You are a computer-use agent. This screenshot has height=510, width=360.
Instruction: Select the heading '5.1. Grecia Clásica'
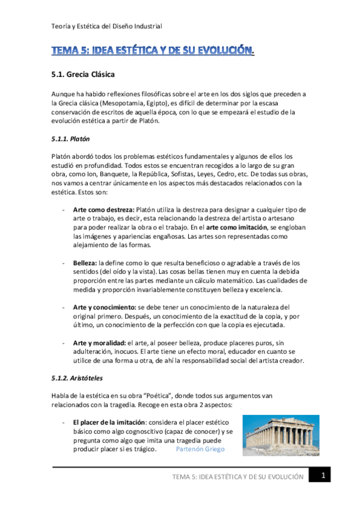[x=79, y=76]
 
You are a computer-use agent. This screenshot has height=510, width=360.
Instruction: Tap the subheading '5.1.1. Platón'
[x=70, y=139]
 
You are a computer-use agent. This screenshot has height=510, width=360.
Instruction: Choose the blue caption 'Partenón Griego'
[x=200, y=449]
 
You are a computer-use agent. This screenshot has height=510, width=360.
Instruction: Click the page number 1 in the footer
[x=323, y=476]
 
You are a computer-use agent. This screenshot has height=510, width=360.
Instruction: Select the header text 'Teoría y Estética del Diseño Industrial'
[x=106, y=26]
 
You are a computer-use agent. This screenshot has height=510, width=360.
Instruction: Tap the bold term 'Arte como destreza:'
[x=103, y=210]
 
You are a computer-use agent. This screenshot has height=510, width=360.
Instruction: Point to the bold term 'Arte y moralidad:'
[x=99, y=342]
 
